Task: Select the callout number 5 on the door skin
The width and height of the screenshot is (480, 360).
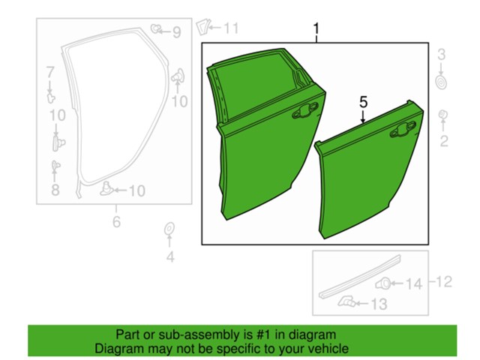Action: click(x=363, y=100)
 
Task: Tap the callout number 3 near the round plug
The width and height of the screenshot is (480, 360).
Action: click(x=442, y=54)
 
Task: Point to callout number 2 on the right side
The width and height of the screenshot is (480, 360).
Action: click(x=444, y=142)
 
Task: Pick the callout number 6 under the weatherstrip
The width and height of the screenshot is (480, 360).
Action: click(x=116, y=221)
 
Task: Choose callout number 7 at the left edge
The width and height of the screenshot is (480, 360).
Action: click(x=50, y=73)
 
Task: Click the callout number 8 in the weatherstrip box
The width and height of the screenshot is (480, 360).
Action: click(x=55, y=190)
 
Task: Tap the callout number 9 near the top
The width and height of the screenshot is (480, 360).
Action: click(x=176, y=31)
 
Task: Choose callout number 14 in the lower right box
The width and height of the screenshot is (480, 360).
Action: click(x=415, y=283)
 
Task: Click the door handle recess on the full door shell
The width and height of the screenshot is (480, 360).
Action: click(x=305, y=112)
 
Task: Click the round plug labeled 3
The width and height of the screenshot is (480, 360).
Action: click(x=441, y=79)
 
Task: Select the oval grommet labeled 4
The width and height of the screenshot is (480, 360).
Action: click(x=169, y=229)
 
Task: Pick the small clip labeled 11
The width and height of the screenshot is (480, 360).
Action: click(x=201, y=28)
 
